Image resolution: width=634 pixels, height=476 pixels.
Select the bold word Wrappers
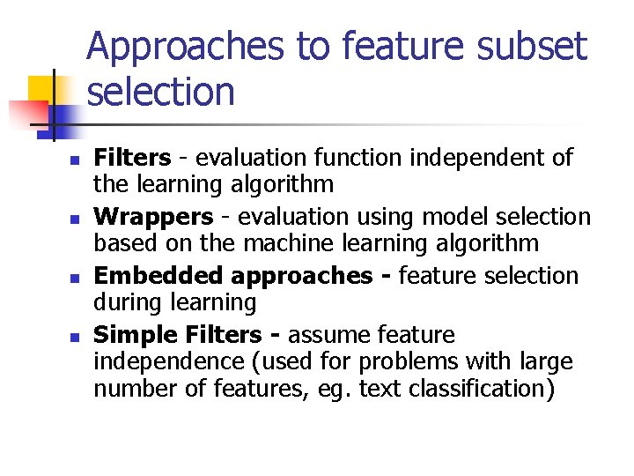153,217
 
